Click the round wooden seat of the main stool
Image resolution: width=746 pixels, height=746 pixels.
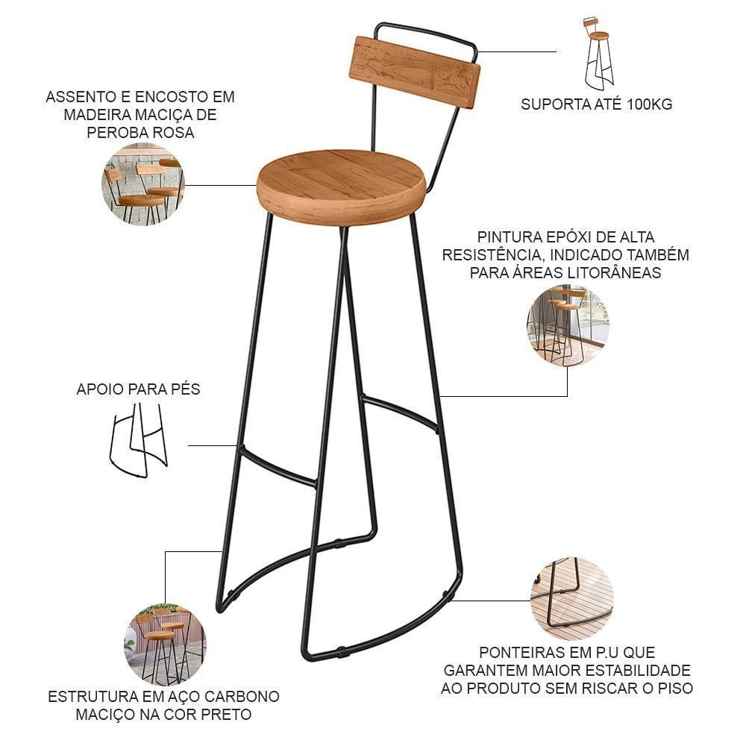(342, 186)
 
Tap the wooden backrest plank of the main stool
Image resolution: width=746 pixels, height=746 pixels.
(415, 72)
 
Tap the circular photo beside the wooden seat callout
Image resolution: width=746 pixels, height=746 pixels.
(142, 184)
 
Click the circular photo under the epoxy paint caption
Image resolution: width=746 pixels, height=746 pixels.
(568, 325)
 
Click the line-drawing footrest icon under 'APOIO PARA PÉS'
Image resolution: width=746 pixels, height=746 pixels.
(139, 440)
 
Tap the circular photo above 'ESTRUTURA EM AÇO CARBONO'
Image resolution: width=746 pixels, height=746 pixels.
(165, 645)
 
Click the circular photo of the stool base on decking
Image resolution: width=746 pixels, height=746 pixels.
(572, 599)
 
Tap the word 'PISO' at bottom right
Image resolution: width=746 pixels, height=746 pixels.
(674, 688)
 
